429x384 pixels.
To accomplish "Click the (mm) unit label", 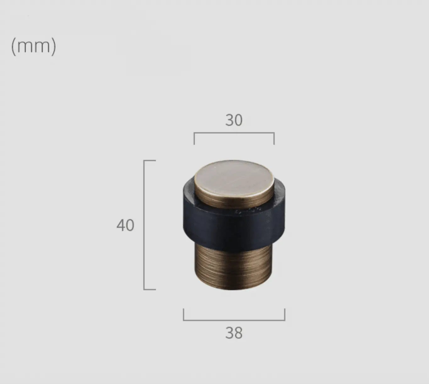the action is pyautogui.click(x=34, y=47).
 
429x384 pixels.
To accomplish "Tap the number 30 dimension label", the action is pyautogui.click(x=234, y=120).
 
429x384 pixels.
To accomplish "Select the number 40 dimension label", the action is pyautogui.click(x=125, y=225).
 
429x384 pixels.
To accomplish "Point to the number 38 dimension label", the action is pyautogui.click(x=234, y=333).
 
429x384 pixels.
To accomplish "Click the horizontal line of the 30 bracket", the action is pyautogui.click(x=234, y=133).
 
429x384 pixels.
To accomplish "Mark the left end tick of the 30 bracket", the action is pyautogui.click(x=194, y=139).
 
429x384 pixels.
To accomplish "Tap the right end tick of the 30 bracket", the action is pyautogui.click(x=274, y=139).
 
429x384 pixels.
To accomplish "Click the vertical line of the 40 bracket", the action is pyautogui.click(x=144, y=225).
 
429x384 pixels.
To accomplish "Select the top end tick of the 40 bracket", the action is pyautogui.click(x=150, y=161).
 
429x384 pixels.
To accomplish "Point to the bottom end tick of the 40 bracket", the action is pyautogui.click(x=150, y=290).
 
